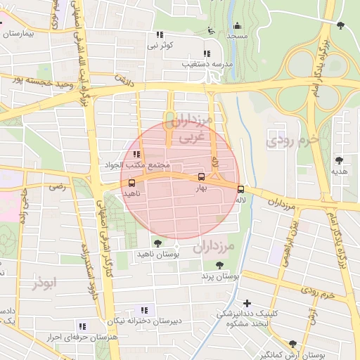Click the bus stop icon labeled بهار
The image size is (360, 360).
[x=202, y=177]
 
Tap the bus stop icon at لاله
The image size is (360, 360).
[x=241, y=188]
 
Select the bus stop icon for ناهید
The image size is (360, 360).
[x=132, y=182]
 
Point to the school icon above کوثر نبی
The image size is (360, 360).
[x=160, y=34]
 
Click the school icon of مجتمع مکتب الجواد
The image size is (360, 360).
[x=136, y=154]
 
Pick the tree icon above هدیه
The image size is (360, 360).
[x=339, y=160]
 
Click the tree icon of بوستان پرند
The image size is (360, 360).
[x=219, y=265]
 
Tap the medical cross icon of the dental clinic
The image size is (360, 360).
[x=246, y=303]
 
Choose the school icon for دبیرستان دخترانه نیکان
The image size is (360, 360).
[x=144, y=310]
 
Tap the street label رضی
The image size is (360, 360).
[x=56, y=187]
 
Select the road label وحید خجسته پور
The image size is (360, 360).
[x=41, y=82]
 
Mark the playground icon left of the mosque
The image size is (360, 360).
[x=212, y=30]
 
